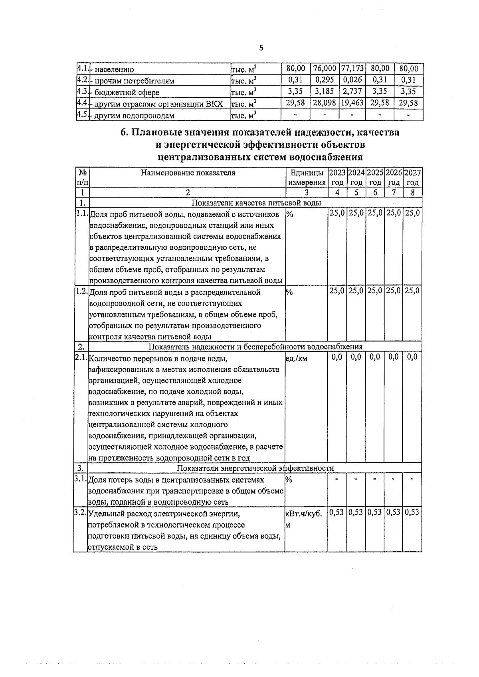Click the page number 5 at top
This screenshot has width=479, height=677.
261,48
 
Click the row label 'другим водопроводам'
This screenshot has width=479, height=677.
134,116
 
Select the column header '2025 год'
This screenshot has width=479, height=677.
375,178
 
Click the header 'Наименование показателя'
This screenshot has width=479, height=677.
188,173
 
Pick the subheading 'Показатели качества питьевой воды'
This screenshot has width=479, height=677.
256,203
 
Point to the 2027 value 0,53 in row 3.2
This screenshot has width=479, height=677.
412,512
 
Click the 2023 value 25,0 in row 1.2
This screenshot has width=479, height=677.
337,291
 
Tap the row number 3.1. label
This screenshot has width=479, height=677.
80,478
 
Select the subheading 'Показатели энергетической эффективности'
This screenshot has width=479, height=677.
255,468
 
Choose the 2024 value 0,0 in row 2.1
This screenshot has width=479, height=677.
356,357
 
